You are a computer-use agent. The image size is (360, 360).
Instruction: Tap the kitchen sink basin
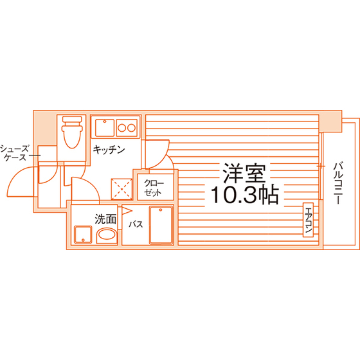(105, 128)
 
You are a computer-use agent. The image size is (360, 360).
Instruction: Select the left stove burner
(122, 128)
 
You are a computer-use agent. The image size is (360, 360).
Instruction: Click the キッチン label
(109, 150)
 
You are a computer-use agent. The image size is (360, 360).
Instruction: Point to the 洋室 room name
(244, 173)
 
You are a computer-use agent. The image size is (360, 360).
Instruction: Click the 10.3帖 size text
(245, 195)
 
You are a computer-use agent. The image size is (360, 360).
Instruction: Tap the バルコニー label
(338, 183)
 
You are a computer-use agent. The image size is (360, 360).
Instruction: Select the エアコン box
(308, 220)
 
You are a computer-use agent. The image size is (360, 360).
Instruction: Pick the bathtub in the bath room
(161, 225)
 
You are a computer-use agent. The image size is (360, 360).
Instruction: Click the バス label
(136, 224)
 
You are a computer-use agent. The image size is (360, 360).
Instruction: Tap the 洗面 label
(105, 219)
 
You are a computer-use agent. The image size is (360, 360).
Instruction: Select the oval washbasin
(106, 235)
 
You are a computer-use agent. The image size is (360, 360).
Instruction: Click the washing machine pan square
(83, 235)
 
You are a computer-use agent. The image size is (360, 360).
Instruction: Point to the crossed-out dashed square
(122, 189)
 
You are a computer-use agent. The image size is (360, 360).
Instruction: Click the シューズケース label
(15, 153)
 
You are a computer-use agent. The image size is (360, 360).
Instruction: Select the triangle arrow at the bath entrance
(127, 211)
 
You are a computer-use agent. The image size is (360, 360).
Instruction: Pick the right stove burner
(132, 128)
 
